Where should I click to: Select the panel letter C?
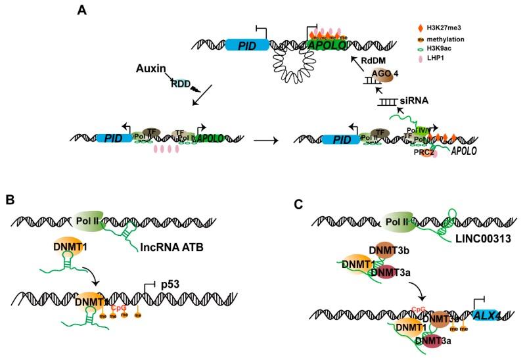tap(298, 204)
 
